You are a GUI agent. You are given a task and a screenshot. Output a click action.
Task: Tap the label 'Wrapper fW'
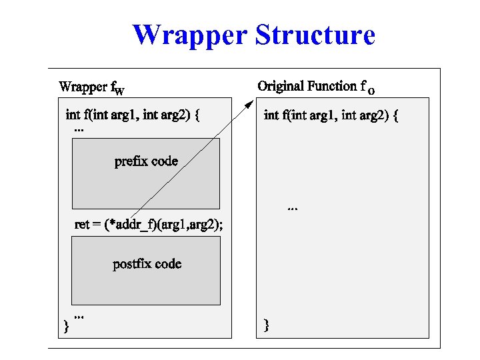pos(91,87)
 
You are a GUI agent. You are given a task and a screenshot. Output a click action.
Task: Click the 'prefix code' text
pos(146,161)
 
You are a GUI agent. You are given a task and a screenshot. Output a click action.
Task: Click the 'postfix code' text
pos(147,264)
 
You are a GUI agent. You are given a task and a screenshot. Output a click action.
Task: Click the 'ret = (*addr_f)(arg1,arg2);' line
pos(149,225)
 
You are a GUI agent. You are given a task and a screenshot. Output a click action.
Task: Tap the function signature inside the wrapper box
pos(133,115)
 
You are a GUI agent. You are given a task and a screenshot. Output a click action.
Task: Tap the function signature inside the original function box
pos(331,115)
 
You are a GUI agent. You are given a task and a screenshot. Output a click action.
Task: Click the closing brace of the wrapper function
pos(65,326)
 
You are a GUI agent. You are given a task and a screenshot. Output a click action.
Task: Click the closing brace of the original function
pos(267,325)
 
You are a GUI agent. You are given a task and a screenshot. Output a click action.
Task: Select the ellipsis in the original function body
pos(292,209)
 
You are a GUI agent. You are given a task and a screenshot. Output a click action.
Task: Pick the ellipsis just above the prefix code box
pos(79,129)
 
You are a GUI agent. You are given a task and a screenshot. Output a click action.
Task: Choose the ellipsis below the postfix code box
pos(79,314)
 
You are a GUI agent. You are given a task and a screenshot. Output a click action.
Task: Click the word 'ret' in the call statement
pos(82,225)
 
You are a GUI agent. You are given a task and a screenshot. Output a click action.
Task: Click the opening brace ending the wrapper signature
pos(197,115)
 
